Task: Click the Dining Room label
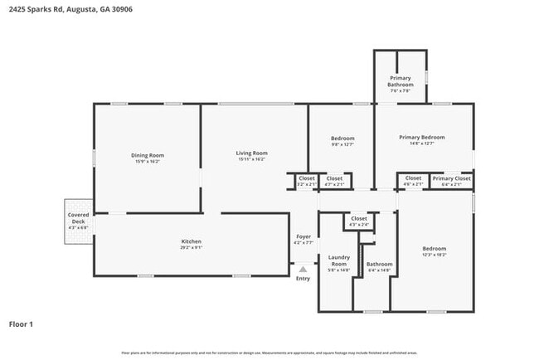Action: coord(147,155)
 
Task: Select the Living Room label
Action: coord(251,153)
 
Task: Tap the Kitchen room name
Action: coord(192,241)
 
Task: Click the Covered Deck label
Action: coord(77,218)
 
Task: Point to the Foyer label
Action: coord(303,236)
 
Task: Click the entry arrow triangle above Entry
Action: coord(303,269)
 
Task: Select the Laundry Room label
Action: coord(338,260)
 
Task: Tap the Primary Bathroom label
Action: coord(401,81)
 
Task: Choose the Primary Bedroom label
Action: coord(421,137)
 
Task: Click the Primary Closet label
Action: coord(451,178)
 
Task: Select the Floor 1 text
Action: coord(21,324)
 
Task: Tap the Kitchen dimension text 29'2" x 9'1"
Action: coord(192,247)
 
